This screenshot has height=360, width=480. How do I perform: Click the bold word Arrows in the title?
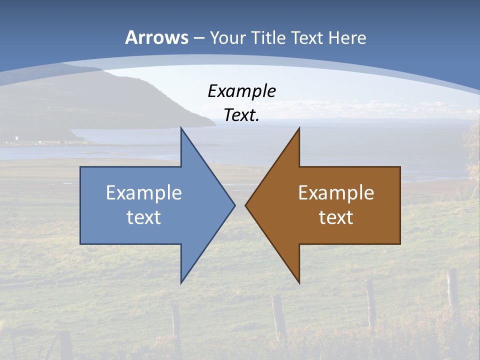click(x=156, y=37)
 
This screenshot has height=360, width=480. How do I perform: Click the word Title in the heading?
click(x=268, y=37)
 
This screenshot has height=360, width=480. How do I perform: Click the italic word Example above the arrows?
click(x=241, y=91)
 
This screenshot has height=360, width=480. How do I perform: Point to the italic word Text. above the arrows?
click(x=241, y=115)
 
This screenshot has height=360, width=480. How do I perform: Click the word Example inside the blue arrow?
click(x=144, y=192)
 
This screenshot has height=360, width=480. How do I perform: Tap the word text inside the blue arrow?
click(x=144, y=217)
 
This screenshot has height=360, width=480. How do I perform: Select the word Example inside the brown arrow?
click(x=336, y=192)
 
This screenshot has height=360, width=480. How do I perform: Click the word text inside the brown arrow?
click(x=336, y=217)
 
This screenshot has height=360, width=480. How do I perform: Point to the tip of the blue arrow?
click(x=234, y=205)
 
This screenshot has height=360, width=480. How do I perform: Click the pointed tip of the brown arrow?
click(x=246, y=205)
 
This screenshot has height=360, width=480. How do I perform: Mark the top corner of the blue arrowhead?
click(x=181, y=128)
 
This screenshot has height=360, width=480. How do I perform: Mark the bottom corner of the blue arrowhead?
click(x=181, y=282)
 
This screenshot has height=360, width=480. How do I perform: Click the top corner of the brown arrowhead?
click(x=299, y=128)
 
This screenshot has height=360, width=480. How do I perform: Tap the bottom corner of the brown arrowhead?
click(x=299, y=282)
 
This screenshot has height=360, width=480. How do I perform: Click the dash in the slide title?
click(x=198, y=38)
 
